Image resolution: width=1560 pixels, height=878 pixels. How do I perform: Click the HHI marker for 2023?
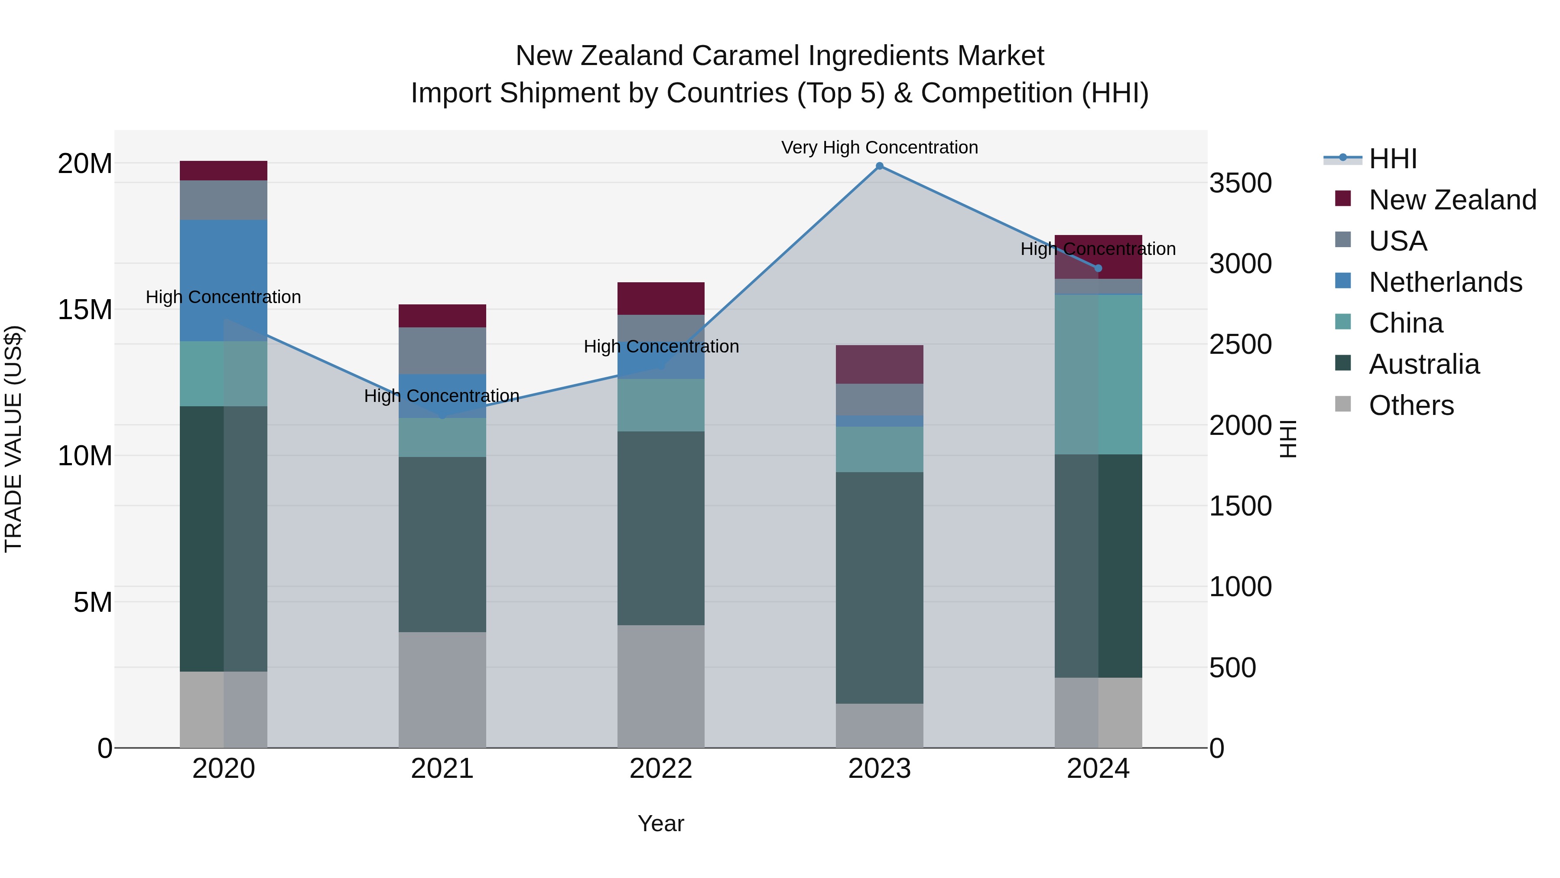(879, 166)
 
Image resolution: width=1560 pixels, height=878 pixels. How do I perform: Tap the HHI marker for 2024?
(1098, 268)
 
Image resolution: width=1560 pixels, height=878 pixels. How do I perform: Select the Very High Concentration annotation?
(879, 148)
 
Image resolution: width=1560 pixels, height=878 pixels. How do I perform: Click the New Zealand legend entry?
(1452, 200)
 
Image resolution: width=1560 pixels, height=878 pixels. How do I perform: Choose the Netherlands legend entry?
(1445, 282)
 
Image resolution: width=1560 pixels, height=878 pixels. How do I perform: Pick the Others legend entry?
(1411, 405)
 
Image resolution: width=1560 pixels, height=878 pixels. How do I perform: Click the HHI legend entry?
(1393, 159)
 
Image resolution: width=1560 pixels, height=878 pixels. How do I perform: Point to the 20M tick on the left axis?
(85, 163)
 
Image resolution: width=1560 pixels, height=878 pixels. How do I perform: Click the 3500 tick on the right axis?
(1240, 183)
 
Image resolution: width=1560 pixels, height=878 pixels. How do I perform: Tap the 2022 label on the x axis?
(661, 769)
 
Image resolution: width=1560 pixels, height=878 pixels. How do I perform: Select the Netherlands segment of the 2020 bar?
(224, 280)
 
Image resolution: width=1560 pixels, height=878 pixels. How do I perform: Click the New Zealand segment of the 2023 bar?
(879, 364)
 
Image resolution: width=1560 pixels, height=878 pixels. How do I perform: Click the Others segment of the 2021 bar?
(442, 689)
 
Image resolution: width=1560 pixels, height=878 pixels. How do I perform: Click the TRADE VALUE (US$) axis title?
(13, 439)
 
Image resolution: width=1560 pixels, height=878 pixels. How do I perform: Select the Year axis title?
(661, 823)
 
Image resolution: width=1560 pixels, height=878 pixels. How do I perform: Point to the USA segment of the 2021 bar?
(442, 351)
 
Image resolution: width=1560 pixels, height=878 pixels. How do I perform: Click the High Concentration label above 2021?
(442, 396)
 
